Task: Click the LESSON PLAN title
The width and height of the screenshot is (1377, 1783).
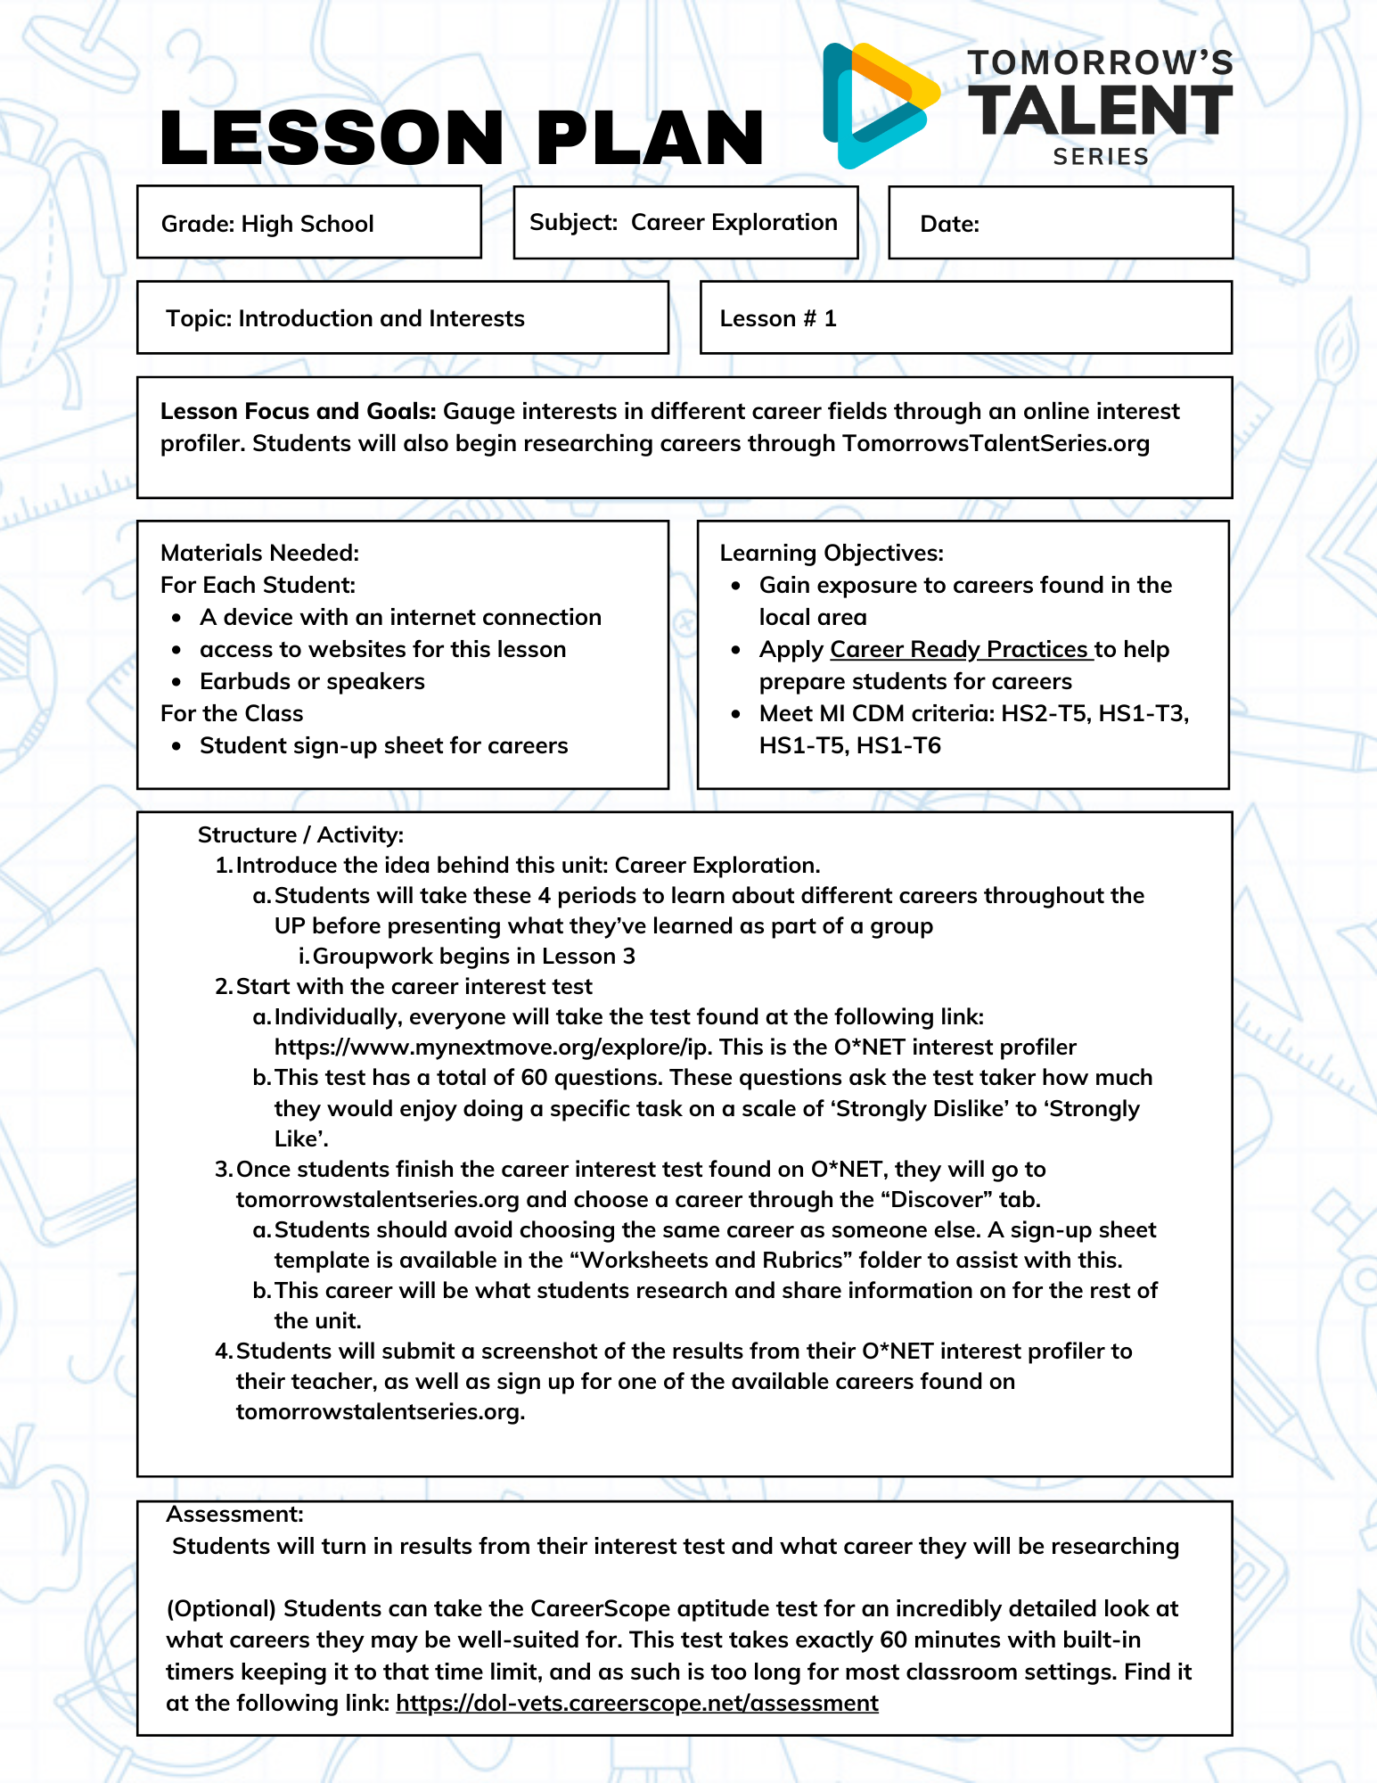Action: (x=462, y=138)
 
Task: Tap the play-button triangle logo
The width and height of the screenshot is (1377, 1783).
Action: (x=878, y=105)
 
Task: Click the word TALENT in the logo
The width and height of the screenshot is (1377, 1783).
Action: (x=1101, y=111)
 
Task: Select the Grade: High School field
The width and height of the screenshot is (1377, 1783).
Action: (x=267, y=224)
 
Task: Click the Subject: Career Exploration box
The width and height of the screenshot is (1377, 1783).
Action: (x=684, y=222)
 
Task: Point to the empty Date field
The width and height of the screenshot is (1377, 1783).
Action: (x=1061, y=224)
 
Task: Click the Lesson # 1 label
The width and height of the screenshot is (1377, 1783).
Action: (x=778, y=318)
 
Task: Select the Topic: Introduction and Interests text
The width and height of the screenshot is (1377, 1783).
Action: (x=345, y=318)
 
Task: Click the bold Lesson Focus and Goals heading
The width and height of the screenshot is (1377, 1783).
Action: (x=298, y=411)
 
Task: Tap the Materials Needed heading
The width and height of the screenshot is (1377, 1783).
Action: (x=259, y=553)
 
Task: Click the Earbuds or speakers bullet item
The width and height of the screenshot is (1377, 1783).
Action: (x=312, y=681)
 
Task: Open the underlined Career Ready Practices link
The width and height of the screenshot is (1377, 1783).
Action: (x=960, y=649)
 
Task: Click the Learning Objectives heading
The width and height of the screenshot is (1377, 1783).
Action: (x=831, y=553)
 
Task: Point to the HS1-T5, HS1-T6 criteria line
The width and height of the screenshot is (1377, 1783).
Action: (x=849, y=745)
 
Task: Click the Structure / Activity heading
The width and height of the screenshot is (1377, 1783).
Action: (x=300, y=834)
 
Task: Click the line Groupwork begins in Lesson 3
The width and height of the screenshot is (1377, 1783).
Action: (x=473, y=956)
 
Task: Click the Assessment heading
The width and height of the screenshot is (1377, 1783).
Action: (x=234, y=1514)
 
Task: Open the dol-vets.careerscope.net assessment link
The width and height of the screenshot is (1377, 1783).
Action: (x=636, y=1703)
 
